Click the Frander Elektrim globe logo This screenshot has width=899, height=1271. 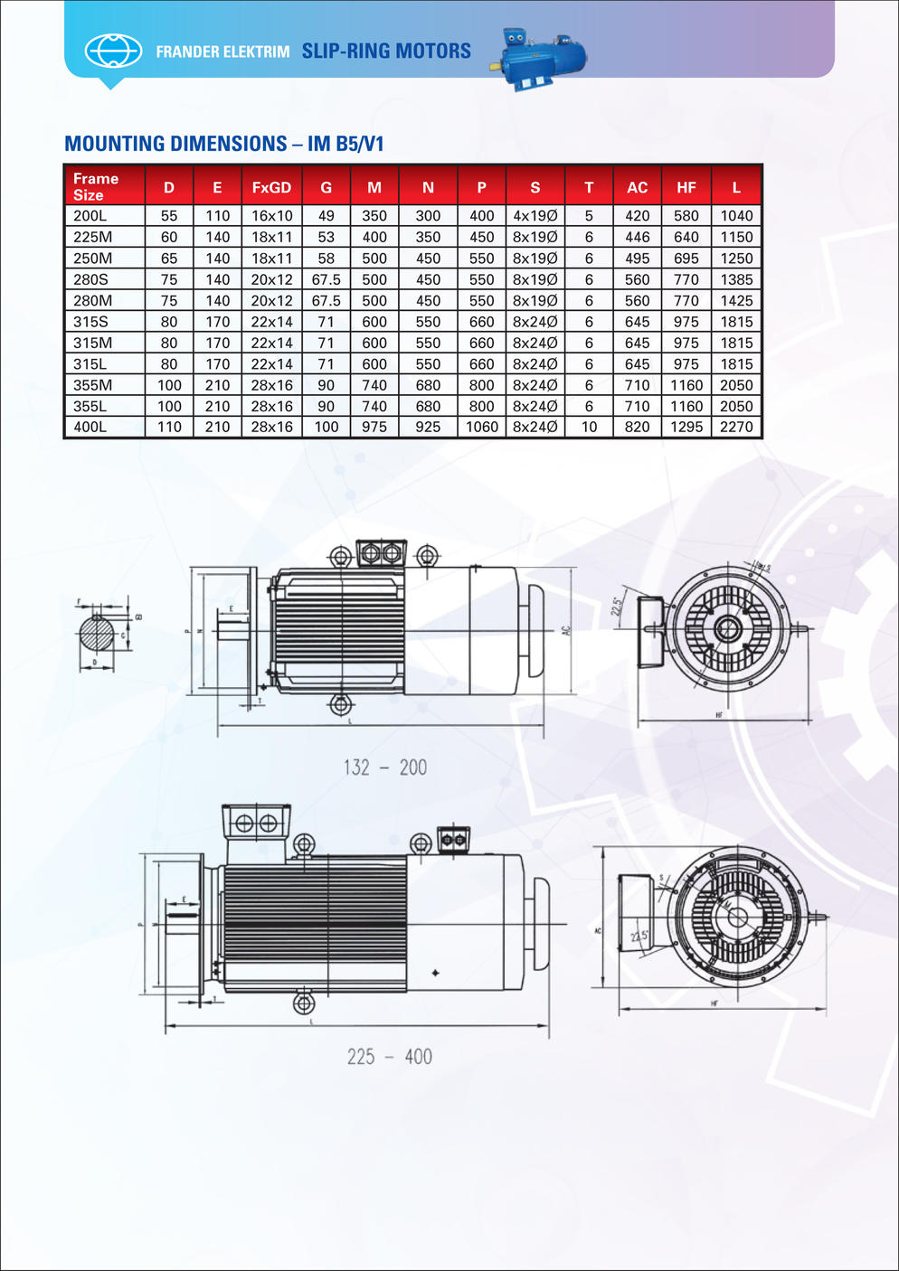pos(113,51)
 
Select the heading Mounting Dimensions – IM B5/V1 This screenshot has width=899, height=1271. pos(224,144)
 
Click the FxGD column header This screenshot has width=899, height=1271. pos(271,187)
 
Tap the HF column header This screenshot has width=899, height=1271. pos(686,187)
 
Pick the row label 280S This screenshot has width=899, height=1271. pos(91,279)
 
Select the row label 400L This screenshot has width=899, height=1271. pos(90,427)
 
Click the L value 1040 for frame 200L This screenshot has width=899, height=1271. pos(736,216)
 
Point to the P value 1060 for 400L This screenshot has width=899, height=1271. pos(481,427)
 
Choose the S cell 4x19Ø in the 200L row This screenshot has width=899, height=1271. pos(535,216)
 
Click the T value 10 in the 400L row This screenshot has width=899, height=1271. pos(589,427)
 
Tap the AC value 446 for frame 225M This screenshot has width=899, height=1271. pos(637,237)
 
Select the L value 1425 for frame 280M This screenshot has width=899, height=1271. pos(736,301)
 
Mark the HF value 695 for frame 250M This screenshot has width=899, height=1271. pos(686,259)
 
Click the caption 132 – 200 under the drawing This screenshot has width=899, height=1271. pos(385,767)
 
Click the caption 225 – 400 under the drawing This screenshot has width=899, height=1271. pos(390,1057)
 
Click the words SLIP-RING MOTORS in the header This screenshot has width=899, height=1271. pos(386,52)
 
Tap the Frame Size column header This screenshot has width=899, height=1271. pos(96,186)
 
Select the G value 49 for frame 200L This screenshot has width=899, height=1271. pos(326,216)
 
